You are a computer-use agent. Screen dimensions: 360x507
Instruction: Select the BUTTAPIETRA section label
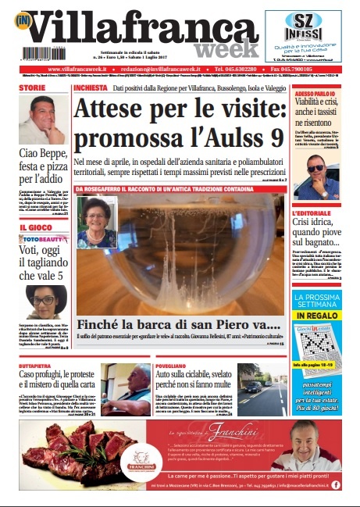tap(37, 365)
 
